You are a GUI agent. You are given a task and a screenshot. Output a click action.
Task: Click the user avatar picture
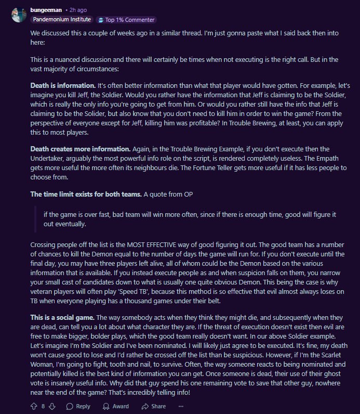tap(18, 14)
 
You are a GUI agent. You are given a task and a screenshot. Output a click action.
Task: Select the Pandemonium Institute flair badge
tap(62, 20)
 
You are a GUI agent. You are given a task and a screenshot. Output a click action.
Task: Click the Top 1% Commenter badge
tap(127, 20)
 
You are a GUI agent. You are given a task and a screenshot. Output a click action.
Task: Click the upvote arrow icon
tap(34, 406)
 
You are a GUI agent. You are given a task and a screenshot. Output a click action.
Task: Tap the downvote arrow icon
tap(52, 406)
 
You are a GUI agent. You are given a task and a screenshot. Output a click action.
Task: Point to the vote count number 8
tap(43, 406)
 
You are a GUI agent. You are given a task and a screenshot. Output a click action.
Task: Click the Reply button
tap(78, 406)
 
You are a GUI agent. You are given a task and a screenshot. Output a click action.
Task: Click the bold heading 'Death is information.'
tap(63, 85)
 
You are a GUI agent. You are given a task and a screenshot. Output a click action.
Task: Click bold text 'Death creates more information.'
tap(77, 149)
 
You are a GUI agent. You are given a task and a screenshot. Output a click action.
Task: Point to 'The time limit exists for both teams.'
tap(86, 194)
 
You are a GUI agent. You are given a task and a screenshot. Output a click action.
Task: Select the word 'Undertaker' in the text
tap(48, 159)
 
